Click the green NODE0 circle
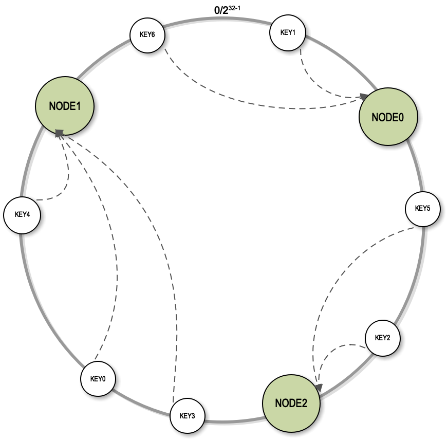tap(388, 117)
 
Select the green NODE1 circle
tap(64, 106)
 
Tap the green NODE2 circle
tap(291, 403)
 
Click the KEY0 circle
tap(98, 379)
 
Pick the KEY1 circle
tap(288, 32)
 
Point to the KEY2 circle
tap(383, 338)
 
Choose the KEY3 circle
tap(187, 415)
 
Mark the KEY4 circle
tap(22, 214)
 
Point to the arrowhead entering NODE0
tap(364, 96)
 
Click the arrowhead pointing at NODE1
tap(59, 133)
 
